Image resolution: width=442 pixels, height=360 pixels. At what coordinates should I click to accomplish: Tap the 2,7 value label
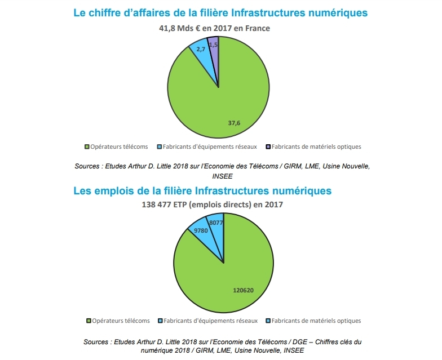[x=201, y=50]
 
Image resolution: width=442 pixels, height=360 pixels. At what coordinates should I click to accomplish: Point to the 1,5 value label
[x=213, y=45]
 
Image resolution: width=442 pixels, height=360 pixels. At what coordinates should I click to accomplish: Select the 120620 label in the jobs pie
[x=244, y=290]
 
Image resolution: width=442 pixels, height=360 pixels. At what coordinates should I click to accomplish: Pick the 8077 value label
[x=216, y=223]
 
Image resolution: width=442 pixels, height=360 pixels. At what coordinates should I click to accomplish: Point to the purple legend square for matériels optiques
[x=268, y=147]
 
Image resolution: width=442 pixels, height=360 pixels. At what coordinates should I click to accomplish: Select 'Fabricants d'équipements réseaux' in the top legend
[x=209, y=146]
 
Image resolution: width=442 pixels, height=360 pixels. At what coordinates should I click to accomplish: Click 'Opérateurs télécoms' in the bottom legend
[x=121, y=321]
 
